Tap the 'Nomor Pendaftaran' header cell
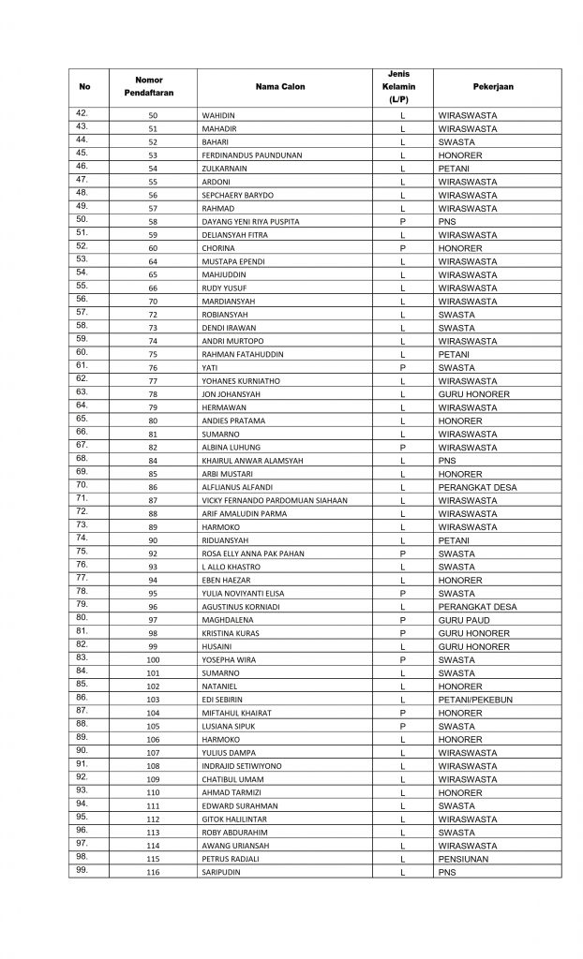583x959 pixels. tap(149, 87)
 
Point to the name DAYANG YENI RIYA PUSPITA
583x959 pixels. tap(250, 222)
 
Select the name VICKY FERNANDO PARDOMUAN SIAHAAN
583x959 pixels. tap(275, 501)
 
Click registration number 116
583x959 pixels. tap(153, 873)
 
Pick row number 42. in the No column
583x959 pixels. tap(82, 113)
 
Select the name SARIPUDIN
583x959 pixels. tap(222, 873)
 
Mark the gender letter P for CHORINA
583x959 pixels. tap(402, 248)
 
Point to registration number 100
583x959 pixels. tap(153, 660)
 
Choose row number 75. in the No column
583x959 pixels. tap(82, 552)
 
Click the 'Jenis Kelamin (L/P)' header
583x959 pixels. tap(402, 87)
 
